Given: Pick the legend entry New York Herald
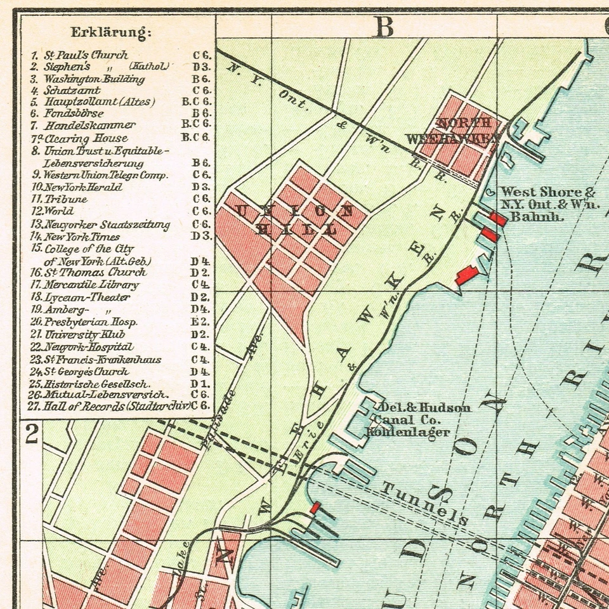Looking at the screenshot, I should [x=82, y=187].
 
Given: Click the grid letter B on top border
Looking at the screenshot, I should [x=384, y=27].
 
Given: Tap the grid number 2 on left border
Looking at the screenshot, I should [x=31, y=435].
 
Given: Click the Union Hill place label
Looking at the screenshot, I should [x=292, y=219].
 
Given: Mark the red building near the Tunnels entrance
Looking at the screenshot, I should [x=314, y=507].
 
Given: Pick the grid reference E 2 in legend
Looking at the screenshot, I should [x=202, y=322].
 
